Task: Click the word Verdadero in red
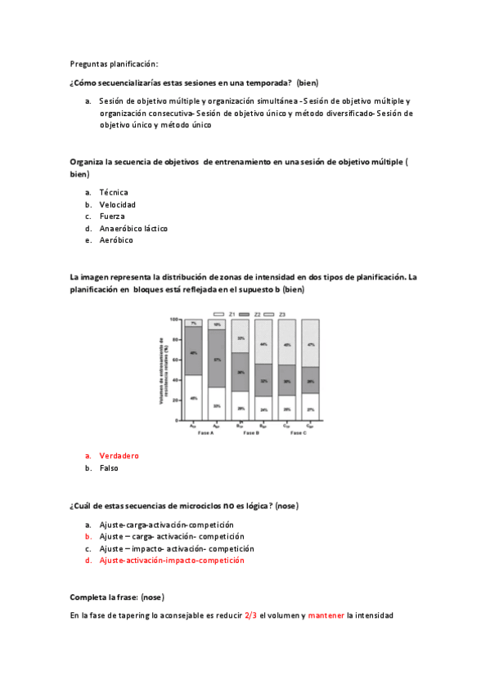point(119,455)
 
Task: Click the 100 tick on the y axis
point(174,319)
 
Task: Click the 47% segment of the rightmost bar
point(310,343)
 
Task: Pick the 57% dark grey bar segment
point(217,359)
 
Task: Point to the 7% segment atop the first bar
point(193,323)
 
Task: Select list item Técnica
point(114,192)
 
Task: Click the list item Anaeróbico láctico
point(133,228)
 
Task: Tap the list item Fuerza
point(112,216)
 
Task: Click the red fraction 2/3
point(250,615)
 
